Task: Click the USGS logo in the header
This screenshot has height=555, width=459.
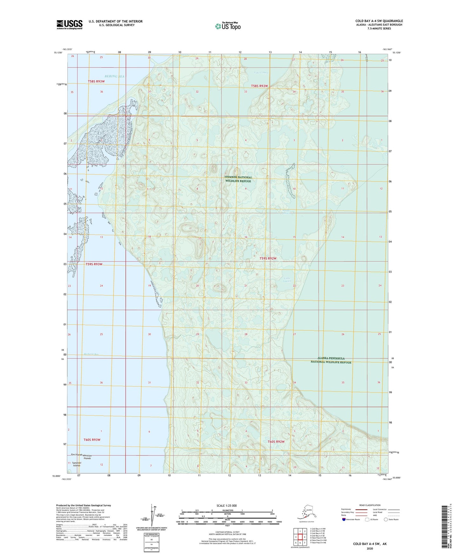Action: coord(70,24)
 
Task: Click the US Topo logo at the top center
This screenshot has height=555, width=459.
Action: coord(227,26)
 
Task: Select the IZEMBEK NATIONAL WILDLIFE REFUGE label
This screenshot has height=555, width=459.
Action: coord(238,179)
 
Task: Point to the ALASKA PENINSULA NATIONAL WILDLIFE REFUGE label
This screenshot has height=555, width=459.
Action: coord(331,360)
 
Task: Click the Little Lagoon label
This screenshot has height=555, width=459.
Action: coord(287,280)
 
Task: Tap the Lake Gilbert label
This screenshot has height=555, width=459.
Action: coord(261,73)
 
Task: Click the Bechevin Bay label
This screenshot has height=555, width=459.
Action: coord(83,354)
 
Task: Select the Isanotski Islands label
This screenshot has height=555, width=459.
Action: coord(77,464)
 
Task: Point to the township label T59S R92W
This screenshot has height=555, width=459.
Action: coord(268,258)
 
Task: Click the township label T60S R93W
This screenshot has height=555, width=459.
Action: coord(92,440)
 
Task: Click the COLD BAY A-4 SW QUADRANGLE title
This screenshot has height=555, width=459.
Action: coord(379,21)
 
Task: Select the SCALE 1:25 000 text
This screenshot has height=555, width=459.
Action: coord(227,505)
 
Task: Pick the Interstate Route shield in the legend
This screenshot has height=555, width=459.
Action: coord(344,519)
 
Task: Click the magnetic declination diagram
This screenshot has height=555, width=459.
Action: coord(152,517)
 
